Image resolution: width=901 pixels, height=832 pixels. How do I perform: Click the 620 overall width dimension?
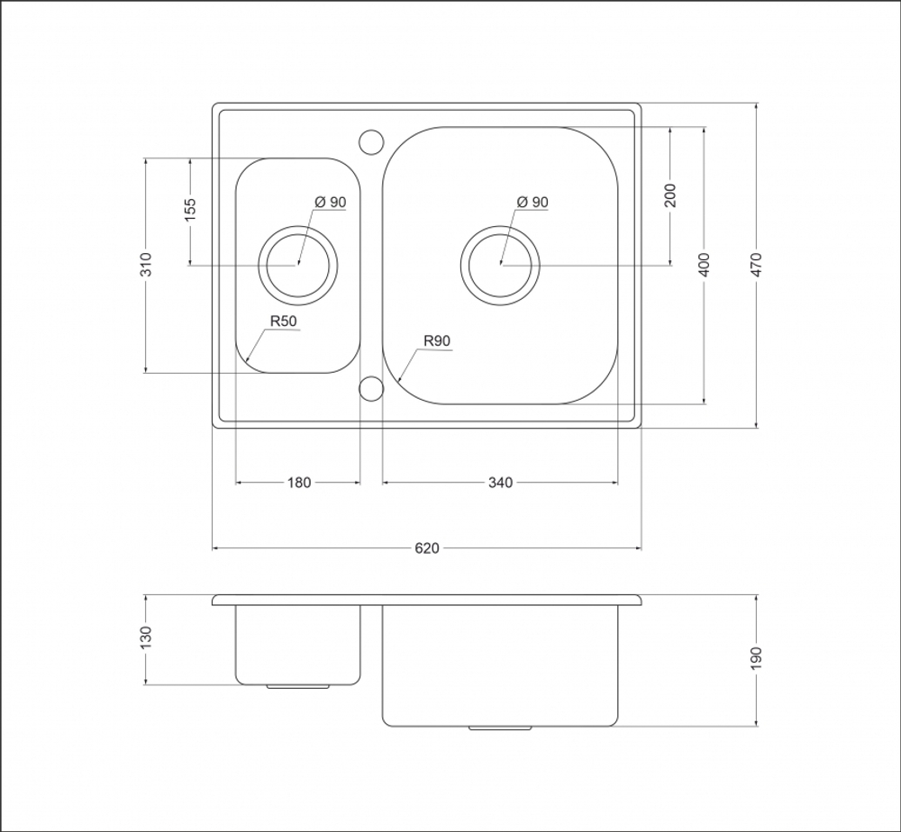tap(427, 548)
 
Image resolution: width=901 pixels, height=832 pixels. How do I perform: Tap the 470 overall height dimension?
tap(756, 265)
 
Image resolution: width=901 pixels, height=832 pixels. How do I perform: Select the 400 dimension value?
tap(705, 265)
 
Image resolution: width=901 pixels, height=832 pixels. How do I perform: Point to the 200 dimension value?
tap(670, 195)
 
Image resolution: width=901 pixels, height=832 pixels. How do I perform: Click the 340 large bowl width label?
tap(500, 483)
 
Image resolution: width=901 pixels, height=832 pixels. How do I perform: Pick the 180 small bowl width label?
tap(299, 483)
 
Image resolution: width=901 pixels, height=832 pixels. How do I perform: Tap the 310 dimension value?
tap(147, 265)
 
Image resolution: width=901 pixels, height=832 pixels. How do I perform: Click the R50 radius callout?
tap(283, 321)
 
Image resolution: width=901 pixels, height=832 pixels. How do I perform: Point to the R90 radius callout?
tap(437, 341)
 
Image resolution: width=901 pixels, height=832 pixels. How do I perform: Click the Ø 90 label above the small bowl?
tap(331, 202)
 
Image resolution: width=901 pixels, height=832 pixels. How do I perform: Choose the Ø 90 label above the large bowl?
tap(532, 202)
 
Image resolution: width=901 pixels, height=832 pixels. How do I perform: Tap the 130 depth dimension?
tap(147, 638)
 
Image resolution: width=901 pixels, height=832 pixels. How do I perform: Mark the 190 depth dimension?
tap(756, 658)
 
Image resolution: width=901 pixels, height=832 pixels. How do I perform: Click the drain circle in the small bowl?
tap(297, 226)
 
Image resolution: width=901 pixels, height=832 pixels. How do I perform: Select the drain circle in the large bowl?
tap(500, 226)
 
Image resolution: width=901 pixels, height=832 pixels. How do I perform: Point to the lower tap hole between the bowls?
tap(371, 376)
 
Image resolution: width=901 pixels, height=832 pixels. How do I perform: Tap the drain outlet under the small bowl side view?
tap(297, 686)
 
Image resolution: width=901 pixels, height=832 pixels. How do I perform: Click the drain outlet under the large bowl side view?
tap(500, 728)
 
